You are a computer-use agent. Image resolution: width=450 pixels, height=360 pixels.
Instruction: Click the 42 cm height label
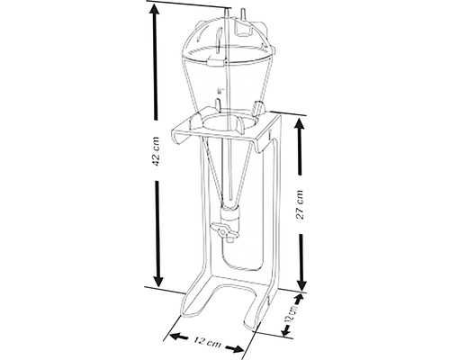pos(157,154)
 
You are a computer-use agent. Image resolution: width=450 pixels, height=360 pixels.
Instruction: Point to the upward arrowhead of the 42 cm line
pos(157,9)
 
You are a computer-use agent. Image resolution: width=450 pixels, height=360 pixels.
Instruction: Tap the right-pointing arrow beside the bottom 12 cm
pos(241,347)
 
